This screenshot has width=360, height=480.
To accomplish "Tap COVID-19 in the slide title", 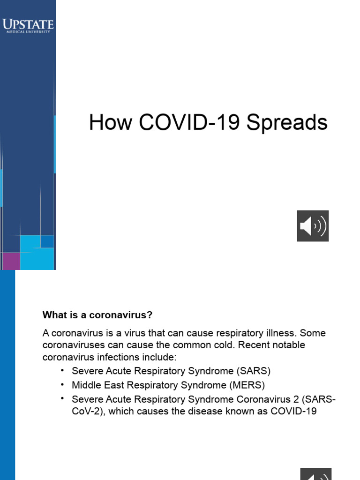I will (x=191, y=123).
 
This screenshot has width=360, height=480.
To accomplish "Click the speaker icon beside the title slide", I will (x=313, y=226).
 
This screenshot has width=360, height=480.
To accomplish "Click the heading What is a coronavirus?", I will (x=97, y=314).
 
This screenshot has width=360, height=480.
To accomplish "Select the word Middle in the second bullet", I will (x=85, y=385).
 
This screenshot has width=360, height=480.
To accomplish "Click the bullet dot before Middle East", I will (x=62, y=384).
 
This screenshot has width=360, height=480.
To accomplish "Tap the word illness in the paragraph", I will (x=279, y=333).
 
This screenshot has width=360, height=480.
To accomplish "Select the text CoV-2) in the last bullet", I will (x=87, y=412).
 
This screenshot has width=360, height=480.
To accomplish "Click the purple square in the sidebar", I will (x=10, y=261).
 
